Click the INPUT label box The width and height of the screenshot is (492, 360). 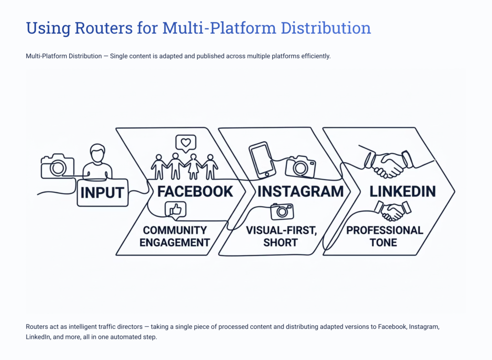[102, 193]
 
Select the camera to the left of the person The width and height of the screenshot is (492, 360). [57, 166]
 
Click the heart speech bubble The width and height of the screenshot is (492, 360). [185, 143]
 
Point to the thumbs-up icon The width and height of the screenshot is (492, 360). [175, 210]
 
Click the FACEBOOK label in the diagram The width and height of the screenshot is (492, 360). [195, 191]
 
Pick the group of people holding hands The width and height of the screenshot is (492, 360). [184, 166]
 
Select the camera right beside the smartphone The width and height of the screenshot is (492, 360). [300, 167]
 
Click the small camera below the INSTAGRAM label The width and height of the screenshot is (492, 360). [282, 211]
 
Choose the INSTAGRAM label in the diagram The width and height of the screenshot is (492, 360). [300, 191]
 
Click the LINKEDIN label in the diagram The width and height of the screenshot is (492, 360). [402, 191]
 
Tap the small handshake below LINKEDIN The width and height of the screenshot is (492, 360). [393, 210]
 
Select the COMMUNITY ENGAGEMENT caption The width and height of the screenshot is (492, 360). [174, 236]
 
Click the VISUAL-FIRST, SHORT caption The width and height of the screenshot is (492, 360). [281, 236]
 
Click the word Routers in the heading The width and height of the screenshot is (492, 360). [98, 28]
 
